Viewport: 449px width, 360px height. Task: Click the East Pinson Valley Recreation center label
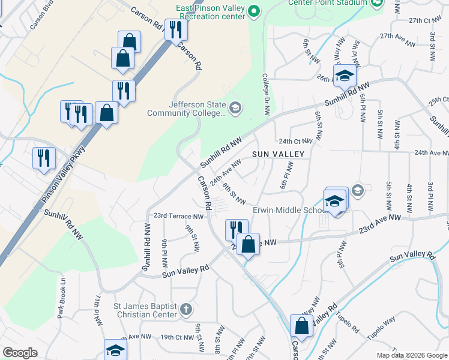(210, 12)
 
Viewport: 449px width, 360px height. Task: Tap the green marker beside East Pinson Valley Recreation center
(254, 11)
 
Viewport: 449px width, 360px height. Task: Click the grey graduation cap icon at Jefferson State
(235, 108)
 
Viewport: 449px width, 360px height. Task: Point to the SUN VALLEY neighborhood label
(279, 154)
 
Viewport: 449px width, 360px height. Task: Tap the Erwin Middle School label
(288, 210)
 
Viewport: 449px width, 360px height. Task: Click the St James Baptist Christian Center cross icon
(186, 310)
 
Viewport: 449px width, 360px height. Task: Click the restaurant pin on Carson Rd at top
(175, 30)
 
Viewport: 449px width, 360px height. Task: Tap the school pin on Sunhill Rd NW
(345, 76)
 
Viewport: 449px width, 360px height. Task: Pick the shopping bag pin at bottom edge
(301, 326)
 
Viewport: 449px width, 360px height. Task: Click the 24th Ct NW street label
(295, 141)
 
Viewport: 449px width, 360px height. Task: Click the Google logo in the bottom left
(20, 353)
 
